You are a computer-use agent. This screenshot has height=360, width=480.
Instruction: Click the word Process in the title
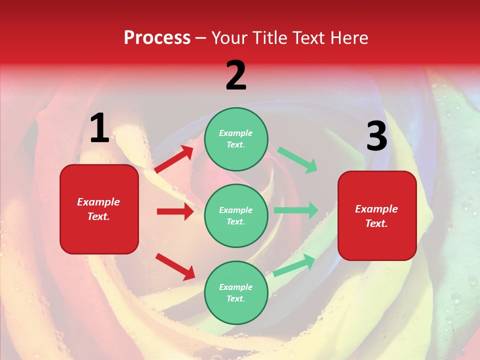click(157, 38)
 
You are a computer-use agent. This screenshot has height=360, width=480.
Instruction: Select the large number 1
click(99, 128)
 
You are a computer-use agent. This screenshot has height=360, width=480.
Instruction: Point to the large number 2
click(236, 76)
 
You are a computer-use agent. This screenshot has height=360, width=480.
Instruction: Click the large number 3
click(376, 136)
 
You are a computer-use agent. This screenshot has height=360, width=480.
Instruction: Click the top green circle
click(236, 139)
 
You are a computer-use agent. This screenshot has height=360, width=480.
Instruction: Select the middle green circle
click(236, 215)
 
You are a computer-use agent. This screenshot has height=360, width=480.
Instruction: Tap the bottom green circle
click(236, 292)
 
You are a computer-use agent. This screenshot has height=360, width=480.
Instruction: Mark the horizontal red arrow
click(175, 211)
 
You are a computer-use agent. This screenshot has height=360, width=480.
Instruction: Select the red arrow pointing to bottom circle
click(175, 266)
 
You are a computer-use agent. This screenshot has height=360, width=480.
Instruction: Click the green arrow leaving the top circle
click(297, 160)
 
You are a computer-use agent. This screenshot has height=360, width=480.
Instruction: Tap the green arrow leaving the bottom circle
click(294, 265)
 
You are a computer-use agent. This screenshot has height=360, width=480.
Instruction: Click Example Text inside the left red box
click(98, 209)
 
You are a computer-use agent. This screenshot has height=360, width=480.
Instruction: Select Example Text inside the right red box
click(376, 216)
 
